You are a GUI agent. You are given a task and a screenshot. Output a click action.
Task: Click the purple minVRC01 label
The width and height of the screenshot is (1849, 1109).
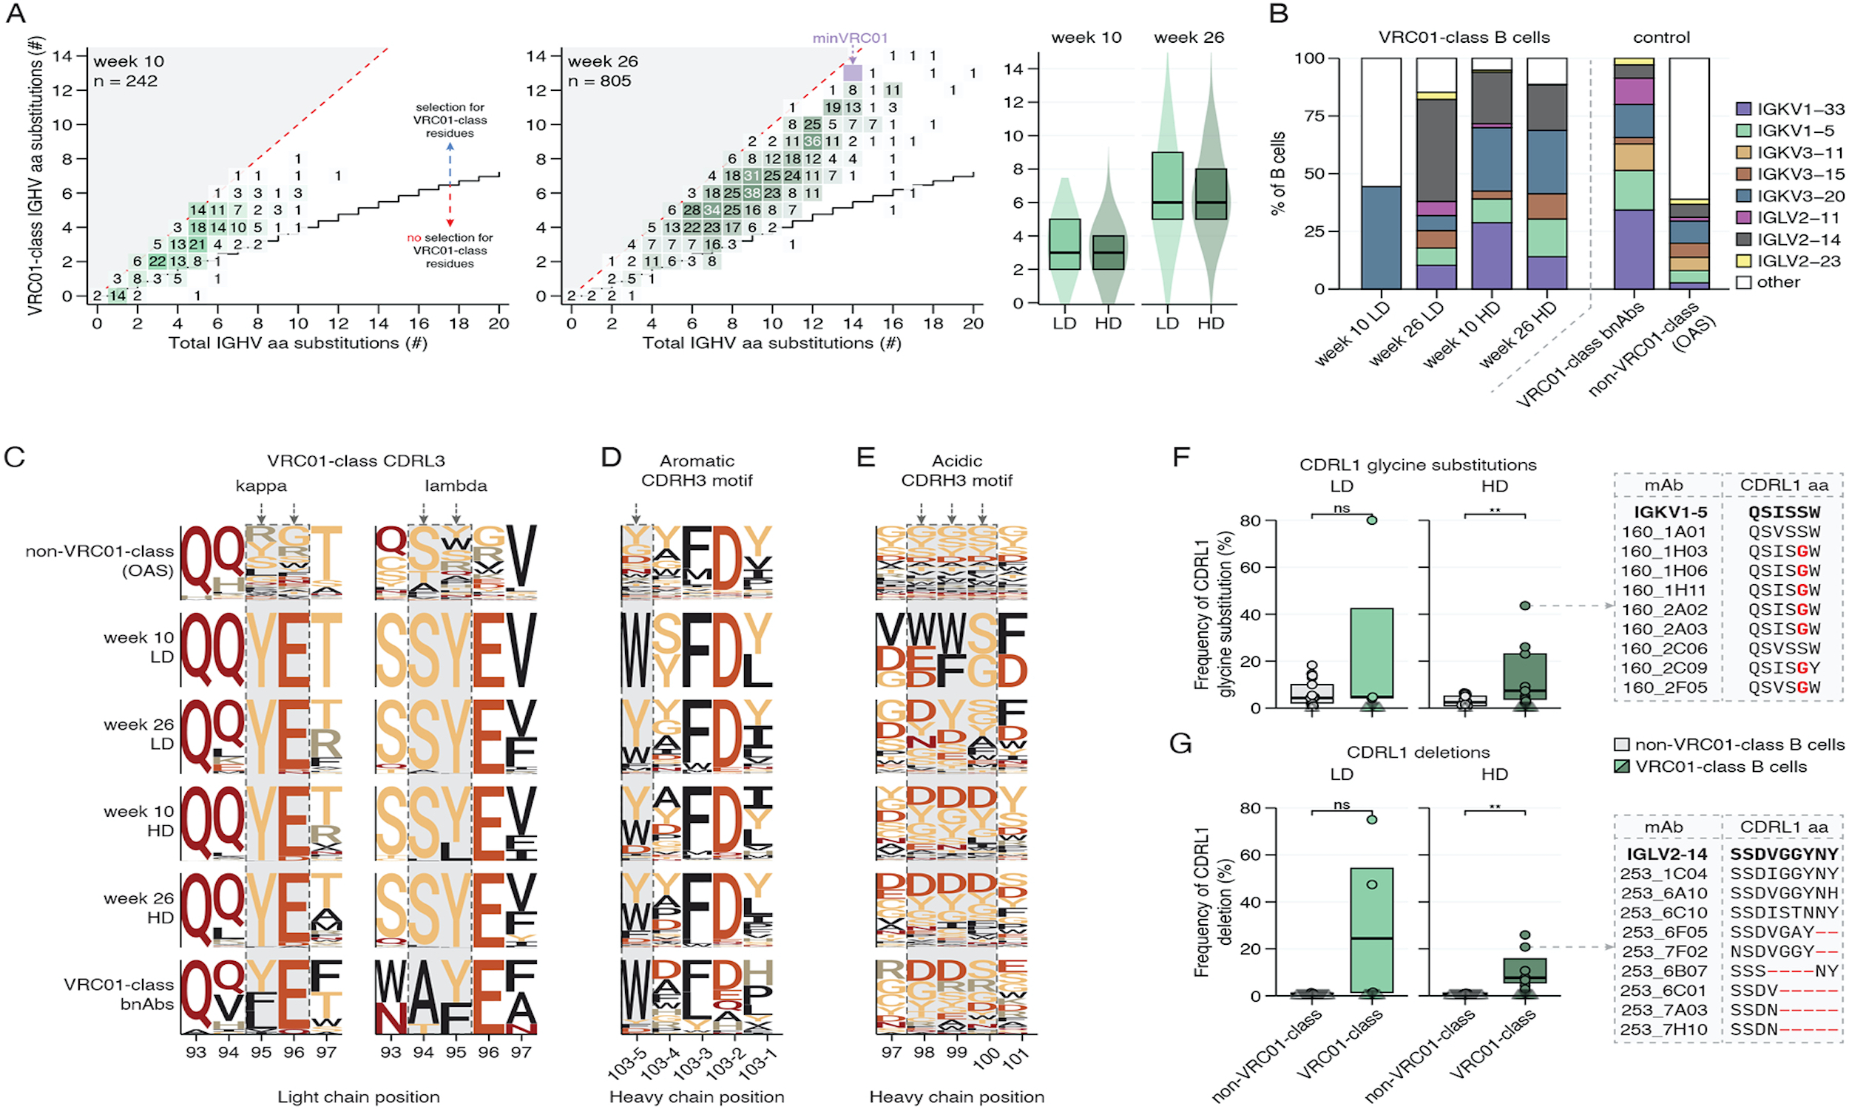click(850, 38)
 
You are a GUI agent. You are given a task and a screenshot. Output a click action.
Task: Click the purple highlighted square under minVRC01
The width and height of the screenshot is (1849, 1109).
click(853, 72)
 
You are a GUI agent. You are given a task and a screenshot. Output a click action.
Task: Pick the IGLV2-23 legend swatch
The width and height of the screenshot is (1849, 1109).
click(1744, 261)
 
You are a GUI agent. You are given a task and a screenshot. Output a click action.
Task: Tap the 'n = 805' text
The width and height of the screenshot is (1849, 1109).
click(599, 81)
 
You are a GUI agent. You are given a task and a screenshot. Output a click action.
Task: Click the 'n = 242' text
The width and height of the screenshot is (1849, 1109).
click(126, 81)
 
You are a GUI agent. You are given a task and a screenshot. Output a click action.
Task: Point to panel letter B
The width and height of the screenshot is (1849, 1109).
click(1279, 13)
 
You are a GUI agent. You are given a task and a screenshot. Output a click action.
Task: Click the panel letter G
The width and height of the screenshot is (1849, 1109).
click(1180, 744)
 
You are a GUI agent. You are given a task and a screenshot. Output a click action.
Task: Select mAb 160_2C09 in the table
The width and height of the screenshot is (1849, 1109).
click(1664, 668)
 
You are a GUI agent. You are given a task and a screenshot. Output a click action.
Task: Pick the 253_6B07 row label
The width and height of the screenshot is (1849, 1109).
click(1664, 971)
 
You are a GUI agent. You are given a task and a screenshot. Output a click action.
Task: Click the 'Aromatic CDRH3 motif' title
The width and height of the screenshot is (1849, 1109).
click(697, 471)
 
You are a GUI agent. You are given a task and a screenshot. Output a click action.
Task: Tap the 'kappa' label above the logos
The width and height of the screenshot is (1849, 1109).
click(261, 486)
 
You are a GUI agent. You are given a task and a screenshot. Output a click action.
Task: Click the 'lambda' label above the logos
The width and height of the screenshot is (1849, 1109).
click(456, 486)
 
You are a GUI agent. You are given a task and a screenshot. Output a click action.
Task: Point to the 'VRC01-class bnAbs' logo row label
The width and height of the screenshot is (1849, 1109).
click(120, 994)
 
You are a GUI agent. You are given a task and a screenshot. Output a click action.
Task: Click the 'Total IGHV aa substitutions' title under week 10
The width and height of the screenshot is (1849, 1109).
click(297, 343)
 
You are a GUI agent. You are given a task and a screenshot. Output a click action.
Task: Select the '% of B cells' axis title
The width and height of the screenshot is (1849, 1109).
click(1278, 174)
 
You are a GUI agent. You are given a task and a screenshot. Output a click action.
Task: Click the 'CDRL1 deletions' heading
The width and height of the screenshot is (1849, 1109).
click(1418, 752)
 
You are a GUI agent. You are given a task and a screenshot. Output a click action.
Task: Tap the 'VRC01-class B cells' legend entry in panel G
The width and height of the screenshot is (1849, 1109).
click(1719, 767)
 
